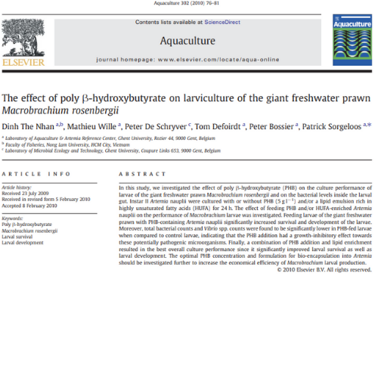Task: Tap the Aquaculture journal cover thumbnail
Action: [351, 42]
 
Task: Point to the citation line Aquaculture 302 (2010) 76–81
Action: [187, 4]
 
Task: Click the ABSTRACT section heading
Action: [137, 175]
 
